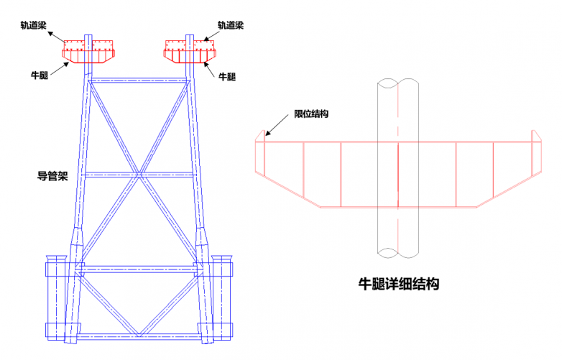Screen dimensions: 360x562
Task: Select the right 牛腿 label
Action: tap(226, 75)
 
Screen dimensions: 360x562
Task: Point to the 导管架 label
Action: tap(52, 175)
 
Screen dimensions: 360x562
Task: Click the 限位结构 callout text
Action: tap(311, 114)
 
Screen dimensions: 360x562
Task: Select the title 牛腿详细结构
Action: tap(398, 283)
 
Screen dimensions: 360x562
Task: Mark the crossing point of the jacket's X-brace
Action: tap(138, 174)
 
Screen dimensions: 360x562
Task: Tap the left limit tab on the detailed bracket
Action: tap(263, 136)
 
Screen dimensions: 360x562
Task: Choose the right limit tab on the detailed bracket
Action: tap(534, 136)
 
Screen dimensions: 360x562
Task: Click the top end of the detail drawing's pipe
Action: tap(397, 82)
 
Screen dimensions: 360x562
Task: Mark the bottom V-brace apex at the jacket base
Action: tap(138, 334)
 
